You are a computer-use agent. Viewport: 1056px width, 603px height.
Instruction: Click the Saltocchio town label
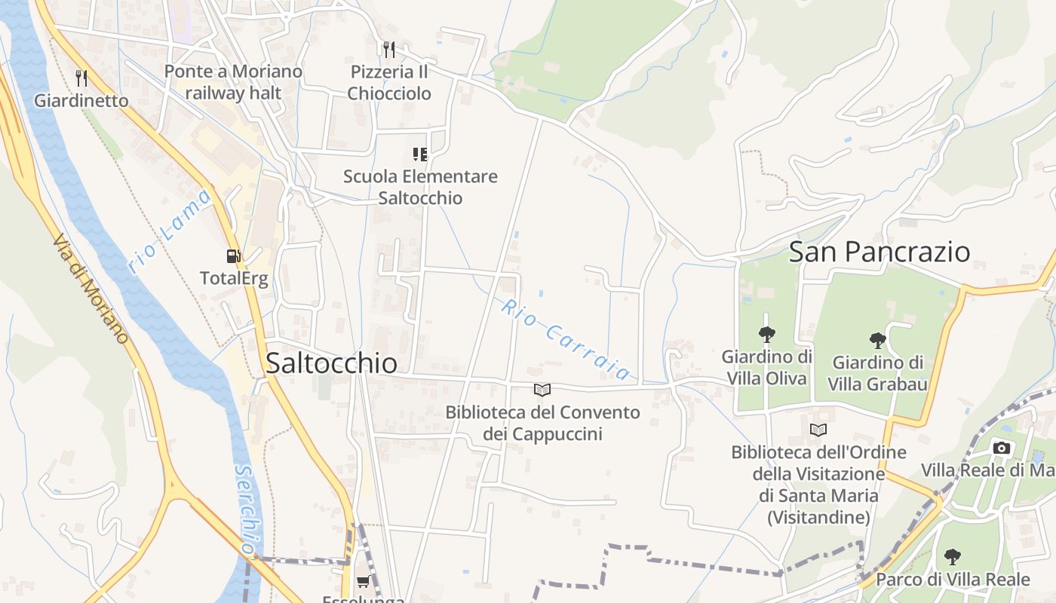coord(331,363)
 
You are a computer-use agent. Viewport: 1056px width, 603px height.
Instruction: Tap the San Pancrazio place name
coord(879,252)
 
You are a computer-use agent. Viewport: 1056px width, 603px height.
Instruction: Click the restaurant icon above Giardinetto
coord(81,78)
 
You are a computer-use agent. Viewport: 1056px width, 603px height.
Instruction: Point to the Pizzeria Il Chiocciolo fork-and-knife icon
coord(389,50)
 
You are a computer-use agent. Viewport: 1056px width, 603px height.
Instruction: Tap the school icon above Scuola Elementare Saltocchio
coord(420,155)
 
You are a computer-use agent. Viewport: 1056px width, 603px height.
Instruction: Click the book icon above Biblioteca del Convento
coord(542,390)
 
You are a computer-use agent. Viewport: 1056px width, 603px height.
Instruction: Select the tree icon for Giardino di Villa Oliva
coord(766,335)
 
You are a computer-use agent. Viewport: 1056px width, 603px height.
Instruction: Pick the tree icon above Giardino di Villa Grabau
coord(877,341)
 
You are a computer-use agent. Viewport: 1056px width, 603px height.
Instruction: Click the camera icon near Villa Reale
coord(1002,448)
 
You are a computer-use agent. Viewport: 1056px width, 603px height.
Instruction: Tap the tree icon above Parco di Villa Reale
coord(953,557)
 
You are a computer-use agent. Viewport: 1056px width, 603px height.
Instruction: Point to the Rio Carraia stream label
coord(565,339)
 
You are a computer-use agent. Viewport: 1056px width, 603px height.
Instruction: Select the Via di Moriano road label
coord(91,287)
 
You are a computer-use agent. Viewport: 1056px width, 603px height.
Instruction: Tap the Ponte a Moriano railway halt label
coord(233,82)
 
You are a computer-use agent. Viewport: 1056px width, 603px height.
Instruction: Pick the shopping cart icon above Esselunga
coord(364,581)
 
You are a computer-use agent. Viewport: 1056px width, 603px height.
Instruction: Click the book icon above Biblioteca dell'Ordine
coord(818,430)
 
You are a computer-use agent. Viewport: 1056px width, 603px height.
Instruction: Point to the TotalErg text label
coord(234,278)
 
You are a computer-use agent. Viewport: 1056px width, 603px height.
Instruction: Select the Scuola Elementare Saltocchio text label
coord(420,187)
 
